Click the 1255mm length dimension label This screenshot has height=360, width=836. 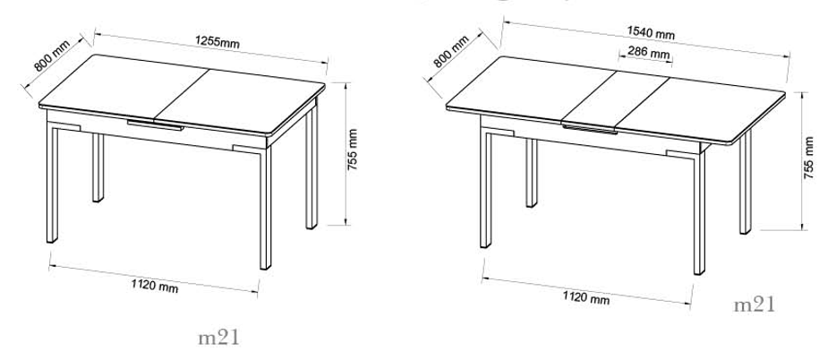(217, 42)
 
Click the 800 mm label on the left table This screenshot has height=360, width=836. (52, 56)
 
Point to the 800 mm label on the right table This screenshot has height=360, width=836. (451, 51)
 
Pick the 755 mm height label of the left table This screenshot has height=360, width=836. (353, 150)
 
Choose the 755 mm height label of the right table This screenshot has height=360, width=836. (809, 158)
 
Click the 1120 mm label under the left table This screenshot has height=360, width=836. (155, 286)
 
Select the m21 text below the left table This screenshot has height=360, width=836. (219, 338)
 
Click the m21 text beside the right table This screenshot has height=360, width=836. (755, 305)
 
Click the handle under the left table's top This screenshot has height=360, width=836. (155, 125)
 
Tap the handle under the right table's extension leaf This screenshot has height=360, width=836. (590, 129)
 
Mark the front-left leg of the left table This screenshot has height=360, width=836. (52, 183)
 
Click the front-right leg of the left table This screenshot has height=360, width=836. (265, 208)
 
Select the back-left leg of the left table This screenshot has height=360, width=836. (98, 167)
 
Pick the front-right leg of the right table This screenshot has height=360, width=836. (699, 213)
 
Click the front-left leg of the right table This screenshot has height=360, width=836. (485, 188)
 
